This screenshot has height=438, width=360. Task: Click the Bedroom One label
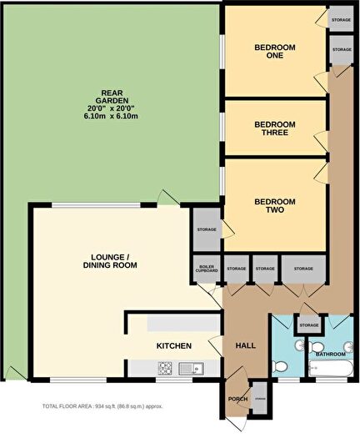pyautogui.click(x=273, y=52)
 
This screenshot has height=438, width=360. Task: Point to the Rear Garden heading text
pyautogui.click(x=113, y=93)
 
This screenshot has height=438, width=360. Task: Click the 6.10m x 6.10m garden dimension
pyautogui.click(x=114, y=116)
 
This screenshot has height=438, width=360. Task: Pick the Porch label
pyautogui.click(x=237, y=400)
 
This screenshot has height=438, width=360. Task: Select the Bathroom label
pyautogui.click(x=332, y=355)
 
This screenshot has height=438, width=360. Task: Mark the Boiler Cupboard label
pyautogui.click(x=207, y=269)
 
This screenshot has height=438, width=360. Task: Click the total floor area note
pyautogui.click(x=102, y=406)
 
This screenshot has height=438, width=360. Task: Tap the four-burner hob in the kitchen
pyautogui.click(x=165, y=367)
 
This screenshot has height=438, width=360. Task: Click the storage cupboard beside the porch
pyautogui.click(x=259, y=400)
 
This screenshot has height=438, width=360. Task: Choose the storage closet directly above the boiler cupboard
pyautogui.click(x=206, y=230)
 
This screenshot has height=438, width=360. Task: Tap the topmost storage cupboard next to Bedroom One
pyautogui.click(x=341, y=18)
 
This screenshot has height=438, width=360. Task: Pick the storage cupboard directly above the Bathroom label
pyautogui.click(x=309, y=325)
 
